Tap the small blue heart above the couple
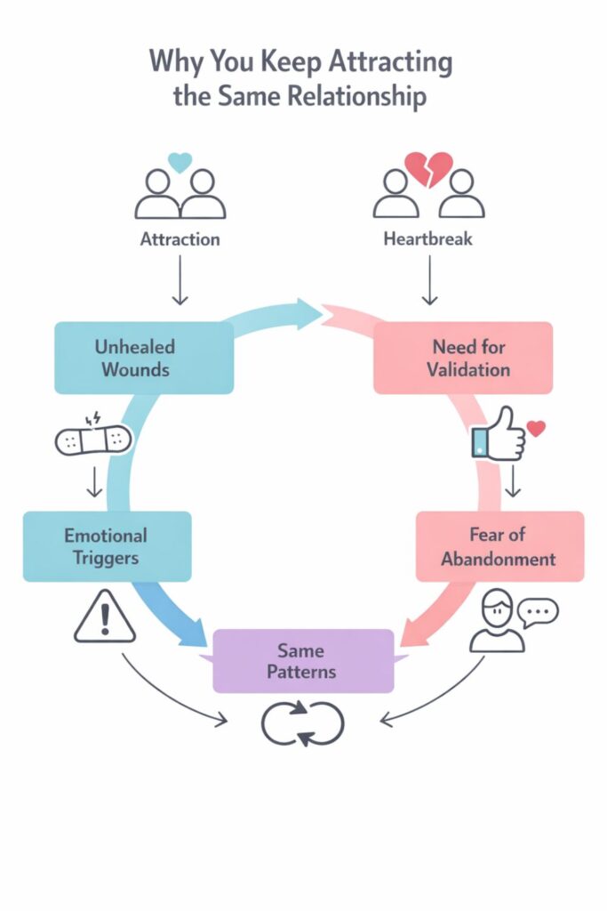[x=180, y=162]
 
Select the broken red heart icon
[x=428, y=167]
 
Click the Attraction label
[x=180, y=239]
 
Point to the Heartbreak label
[x=428, y=239]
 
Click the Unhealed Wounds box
[x=144, y=358]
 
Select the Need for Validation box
[x=463, y=358]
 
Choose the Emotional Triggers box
[x=107, y=546]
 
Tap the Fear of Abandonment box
[x=499, y=546]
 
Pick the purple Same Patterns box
[x=303, y=660]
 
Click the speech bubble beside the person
[x=539, y=612]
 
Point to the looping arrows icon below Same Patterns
[x=302, y=722]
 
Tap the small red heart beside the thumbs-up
[x=535, y=428]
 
